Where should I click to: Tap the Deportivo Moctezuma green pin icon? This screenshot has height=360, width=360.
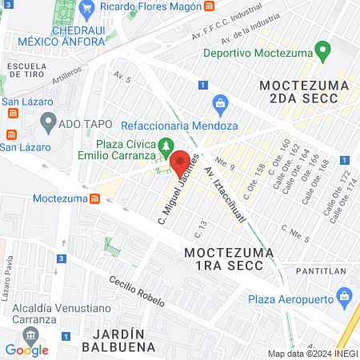tap(323, 53)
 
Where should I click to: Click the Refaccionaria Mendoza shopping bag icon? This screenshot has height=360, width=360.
tap(219, 103)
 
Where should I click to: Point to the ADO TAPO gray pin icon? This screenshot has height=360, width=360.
tap(48, 123)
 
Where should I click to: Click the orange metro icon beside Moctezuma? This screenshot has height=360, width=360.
tap(95, 197)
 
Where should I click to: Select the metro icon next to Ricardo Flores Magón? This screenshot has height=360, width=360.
tap(209, 6)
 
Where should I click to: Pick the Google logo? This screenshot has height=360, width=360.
tap(26, 350)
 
